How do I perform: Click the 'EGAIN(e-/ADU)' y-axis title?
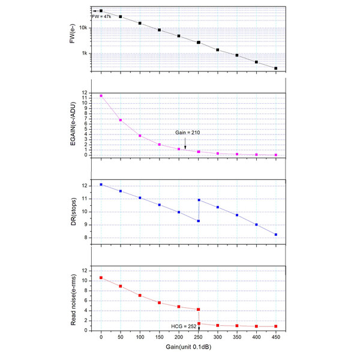coord(72,125)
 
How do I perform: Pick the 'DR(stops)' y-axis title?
coord(72,212)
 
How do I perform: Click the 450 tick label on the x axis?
coord(276,337)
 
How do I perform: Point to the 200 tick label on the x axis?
coord(179,337)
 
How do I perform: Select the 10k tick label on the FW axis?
coord(85,28)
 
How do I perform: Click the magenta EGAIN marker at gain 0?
coord(101,96)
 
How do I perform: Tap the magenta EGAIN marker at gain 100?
coord(140,136)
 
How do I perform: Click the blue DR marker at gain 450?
coord(276,235)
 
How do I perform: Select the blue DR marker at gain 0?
coord(101,185)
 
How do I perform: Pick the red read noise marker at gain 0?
coord(101,278)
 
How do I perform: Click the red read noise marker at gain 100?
coord(140,296)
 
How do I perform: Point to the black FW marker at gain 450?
coord(276,68)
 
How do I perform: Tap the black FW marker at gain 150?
coord(160,30)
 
